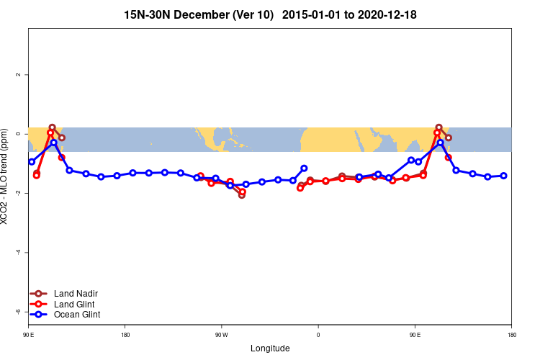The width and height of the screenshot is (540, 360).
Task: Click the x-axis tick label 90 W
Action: tap(221, 335)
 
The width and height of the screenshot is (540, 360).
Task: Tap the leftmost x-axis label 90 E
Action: tap(29, 335)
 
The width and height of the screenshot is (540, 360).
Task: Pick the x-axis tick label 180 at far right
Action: tap(511, 335)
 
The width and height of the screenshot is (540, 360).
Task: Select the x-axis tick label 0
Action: tap(318, 335)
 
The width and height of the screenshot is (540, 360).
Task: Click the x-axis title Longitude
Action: tap(270, 348)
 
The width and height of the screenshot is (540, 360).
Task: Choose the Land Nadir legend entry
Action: tap(76, 294)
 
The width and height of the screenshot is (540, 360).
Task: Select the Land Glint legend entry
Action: tap(74, 304)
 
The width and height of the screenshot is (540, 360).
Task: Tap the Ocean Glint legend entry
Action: tap(76, 315)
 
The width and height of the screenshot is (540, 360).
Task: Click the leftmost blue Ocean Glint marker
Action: tap(32, 161)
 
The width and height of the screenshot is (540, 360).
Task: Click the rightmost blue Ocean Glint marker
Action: tap(504, 176)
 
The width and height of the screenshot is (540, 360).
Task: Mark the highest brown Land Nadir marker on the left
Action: tap(52, 127)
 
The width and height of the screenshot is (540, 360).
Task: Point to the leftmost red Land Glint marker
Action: tap(36, 175)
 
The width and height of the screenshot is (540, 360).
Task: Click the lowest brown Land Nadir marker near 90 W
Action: tap(242, 195)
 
